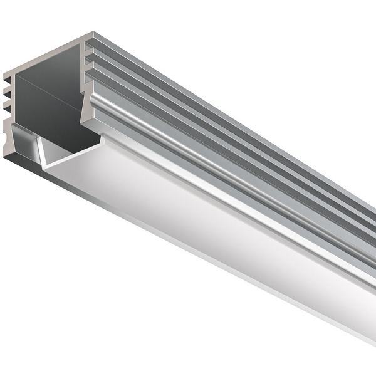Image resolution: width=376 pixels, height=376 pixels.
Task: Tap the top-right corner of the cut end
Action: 93,34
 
